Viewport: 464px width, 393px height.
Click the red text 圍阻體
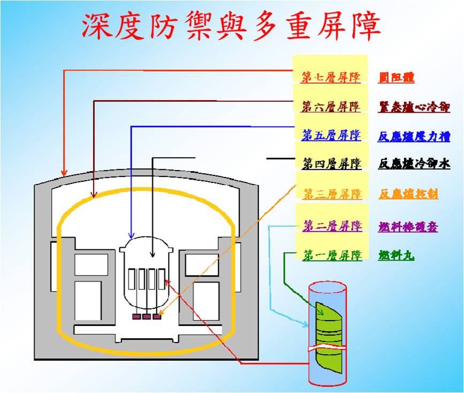[396, 77]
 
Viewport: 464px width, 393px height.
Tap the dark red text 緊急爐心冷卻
[414, 106]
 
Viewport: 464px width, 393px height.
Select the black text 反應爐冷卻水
[414, 164]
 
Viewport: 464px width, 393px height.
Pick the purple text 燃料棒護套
[408, 226]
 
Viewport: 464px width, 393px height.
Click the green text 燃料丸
[396, 255]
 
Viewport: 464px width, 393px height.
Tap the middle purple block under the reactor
[146, 317]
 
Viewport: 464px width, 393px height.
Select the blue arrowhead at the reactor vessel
[131, 235]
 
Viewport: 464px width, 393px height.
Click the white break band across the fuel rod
[327, 349]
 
